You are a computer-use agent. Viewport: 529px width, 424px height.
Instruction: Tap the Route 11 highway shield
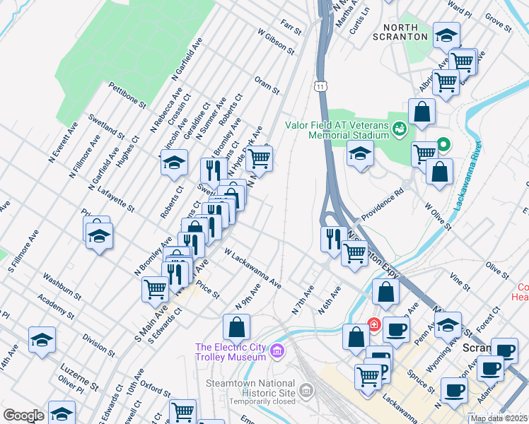321,86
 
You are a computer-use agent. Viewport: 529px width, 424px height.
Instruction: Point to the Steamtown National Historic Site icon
306,390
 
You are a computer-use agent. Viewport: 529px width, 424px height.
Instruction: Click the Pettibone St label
127,95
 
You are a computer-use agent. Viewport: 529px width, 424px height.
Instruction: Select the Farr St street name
291,28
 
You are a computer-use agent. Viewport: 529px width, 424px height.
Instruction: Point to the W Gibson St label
276,42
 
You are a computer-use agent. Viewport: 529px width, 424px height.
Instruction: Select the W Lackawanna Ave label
252,268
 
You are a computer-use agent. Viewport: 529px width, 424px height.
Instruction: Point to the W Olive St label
438,218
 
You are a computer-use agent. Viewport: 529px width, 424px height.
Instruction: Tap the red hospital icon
373,326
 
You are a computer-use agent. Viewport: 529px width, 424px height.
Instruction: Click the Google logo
23,416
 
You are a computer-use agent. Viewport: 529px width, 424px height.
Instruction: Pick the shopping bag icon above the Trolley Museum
236,326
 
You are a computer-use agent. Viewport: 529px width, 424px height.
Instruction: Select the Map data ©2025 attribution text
499,418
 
